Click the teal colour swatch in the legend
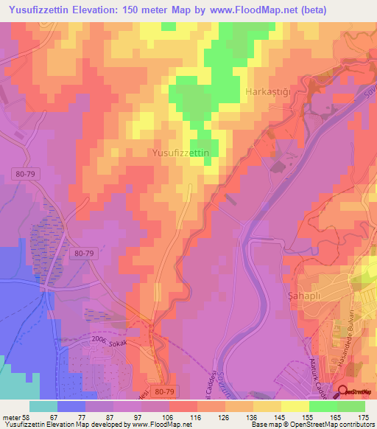[43, 406]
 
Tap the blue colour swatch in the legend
[71, 406]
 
